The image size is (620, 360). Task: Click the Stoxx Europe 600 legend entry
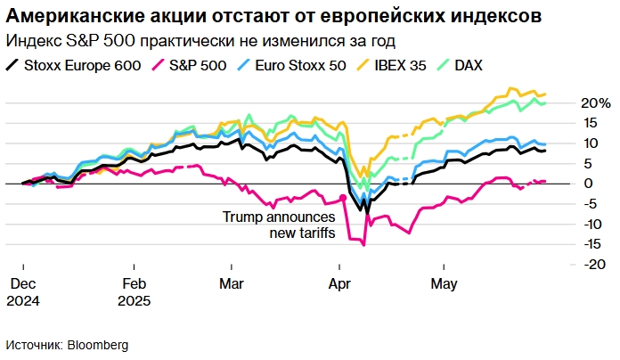pyautogui.click(x=73, y=64)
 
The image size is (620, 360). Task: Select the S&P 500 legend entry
pyautogui.click(x=189, y=64)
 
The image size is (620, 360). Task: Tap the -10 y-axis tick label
pyautogui.click(x=589, y=224)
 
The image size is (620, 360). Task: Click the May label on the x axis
pyautogui.click(x=444, y=284)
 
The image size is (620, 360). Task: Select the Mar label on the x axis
pyautogui.click(x=231, y=284)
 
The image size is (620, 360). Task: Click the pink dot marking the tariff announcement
pyautogui.click(x=343, y=198)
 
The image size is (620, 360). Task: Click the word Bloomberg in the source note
pyautogui.click(x=99, y=344)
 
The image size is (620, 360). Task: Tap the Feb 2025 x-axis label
pyautogui.click(x=134, y=292)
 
